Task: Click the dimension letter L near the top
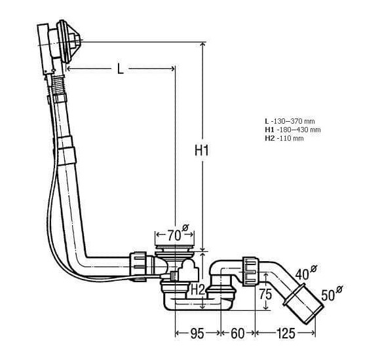point(121,69)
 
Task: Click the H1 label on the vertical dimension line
point(202,151)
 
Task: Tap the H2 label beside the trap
point(198,289)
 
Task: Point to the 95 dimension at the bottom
point(197,334)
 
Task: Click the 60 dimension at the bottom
point(238,334)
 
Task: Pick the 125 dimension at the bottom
point(286,334)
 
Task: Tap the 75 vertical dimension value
point(265,294)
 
